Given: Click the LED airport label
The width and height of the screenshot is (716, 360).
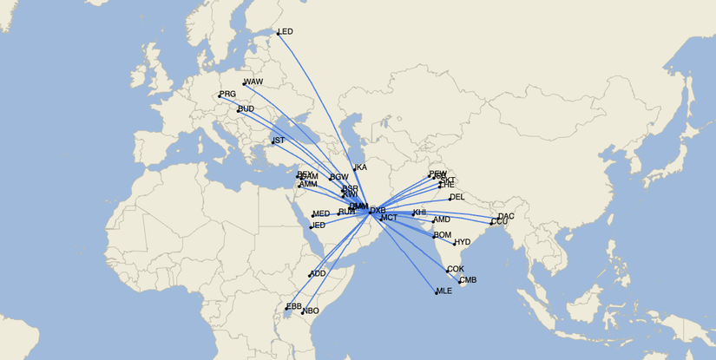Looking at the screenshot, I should point(286,32).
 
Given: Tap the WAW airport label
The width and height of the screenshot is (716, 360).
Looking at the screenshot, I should point(253,82).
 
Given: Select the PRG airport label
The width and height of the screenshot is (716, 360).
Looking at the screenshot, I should point(227,94).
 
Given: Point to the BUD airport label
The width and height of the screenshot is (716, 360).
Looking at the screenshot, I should point(246,109).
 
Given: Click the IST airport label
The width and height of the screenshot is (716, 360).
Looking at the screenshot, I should point(279,141).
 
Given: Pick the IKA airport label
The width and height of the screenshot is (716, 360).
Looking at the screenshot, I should point(361,167).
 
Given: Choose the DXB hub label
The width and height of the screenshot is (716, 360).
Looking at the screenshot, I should point(378,211).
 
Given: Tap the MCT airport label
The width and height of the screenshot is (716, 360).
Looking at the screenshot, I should point(389,218).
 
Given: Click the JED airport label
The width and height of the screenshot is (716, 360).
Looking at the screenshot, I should point(319,226).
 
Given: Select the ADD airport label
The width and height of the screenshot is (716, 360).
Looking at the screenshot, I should point(319,273).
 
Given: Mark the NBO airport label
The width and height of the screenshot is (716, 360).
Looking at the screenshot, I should point(311,311).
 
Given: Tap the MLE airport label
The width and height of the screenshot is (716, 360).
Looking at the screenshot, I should point(444,291).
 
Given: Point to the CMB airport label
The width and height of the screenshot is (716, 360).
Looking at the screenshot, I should point(468,280).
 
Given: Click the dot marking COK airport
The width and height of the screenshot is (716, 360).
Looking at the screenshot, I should point(448,272).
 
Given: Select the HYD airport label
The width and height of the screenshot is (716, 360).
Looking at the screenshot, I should point(463,242).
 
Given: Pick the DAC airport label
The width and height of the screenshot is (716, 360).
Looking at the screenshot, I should point(506,216).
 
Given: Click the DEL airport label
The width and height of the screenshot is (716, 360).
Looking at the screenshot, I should point(457,198).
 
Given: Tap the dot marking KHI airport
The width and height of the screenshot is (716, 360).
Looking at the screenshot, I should point(413,214).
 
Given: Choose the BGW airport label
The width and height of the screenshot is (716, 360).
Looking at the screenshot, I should point(339,177).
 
